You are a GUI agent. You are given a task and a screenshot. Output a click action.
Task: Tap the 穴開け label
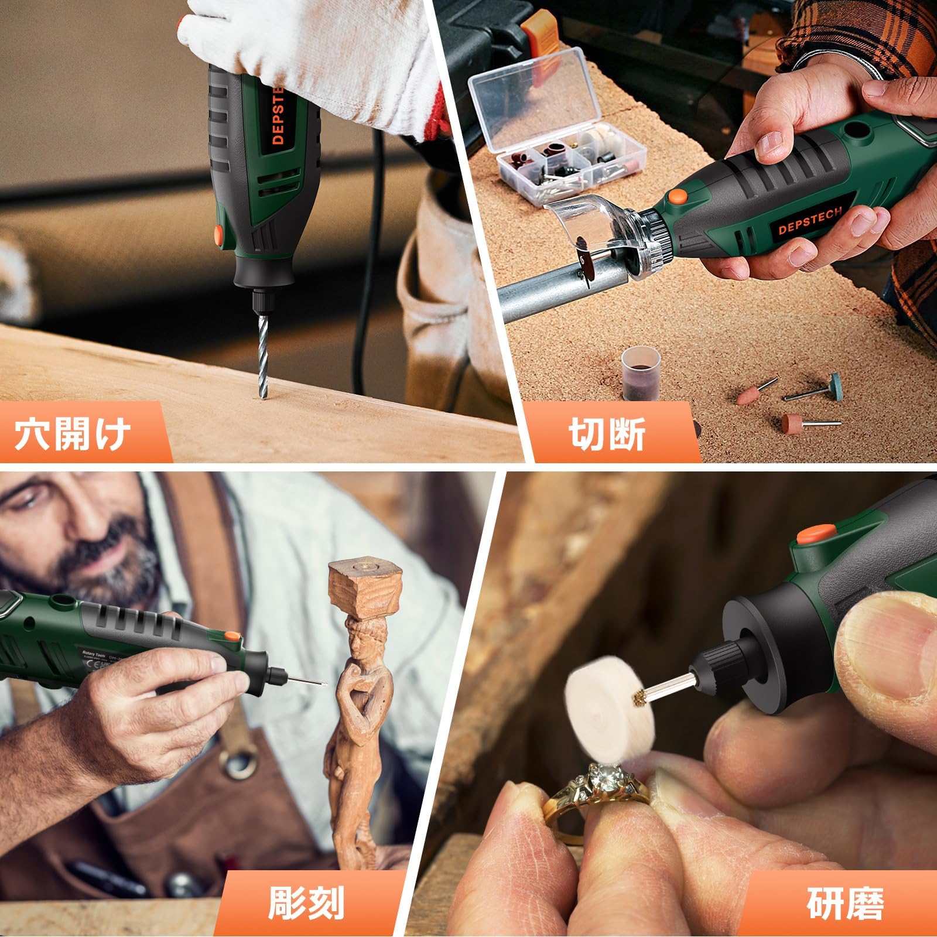click(x=73, y=433)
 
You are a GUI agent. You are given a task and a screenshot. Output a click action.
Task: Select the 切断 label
click(x=607, y=433)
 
